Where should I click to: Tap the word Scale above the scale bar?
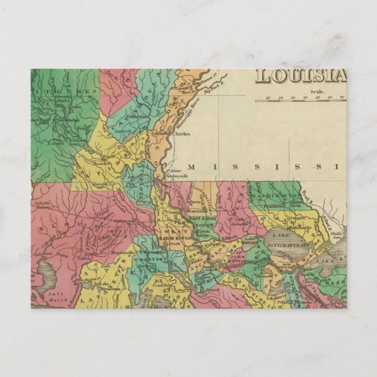coord(318,91)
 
